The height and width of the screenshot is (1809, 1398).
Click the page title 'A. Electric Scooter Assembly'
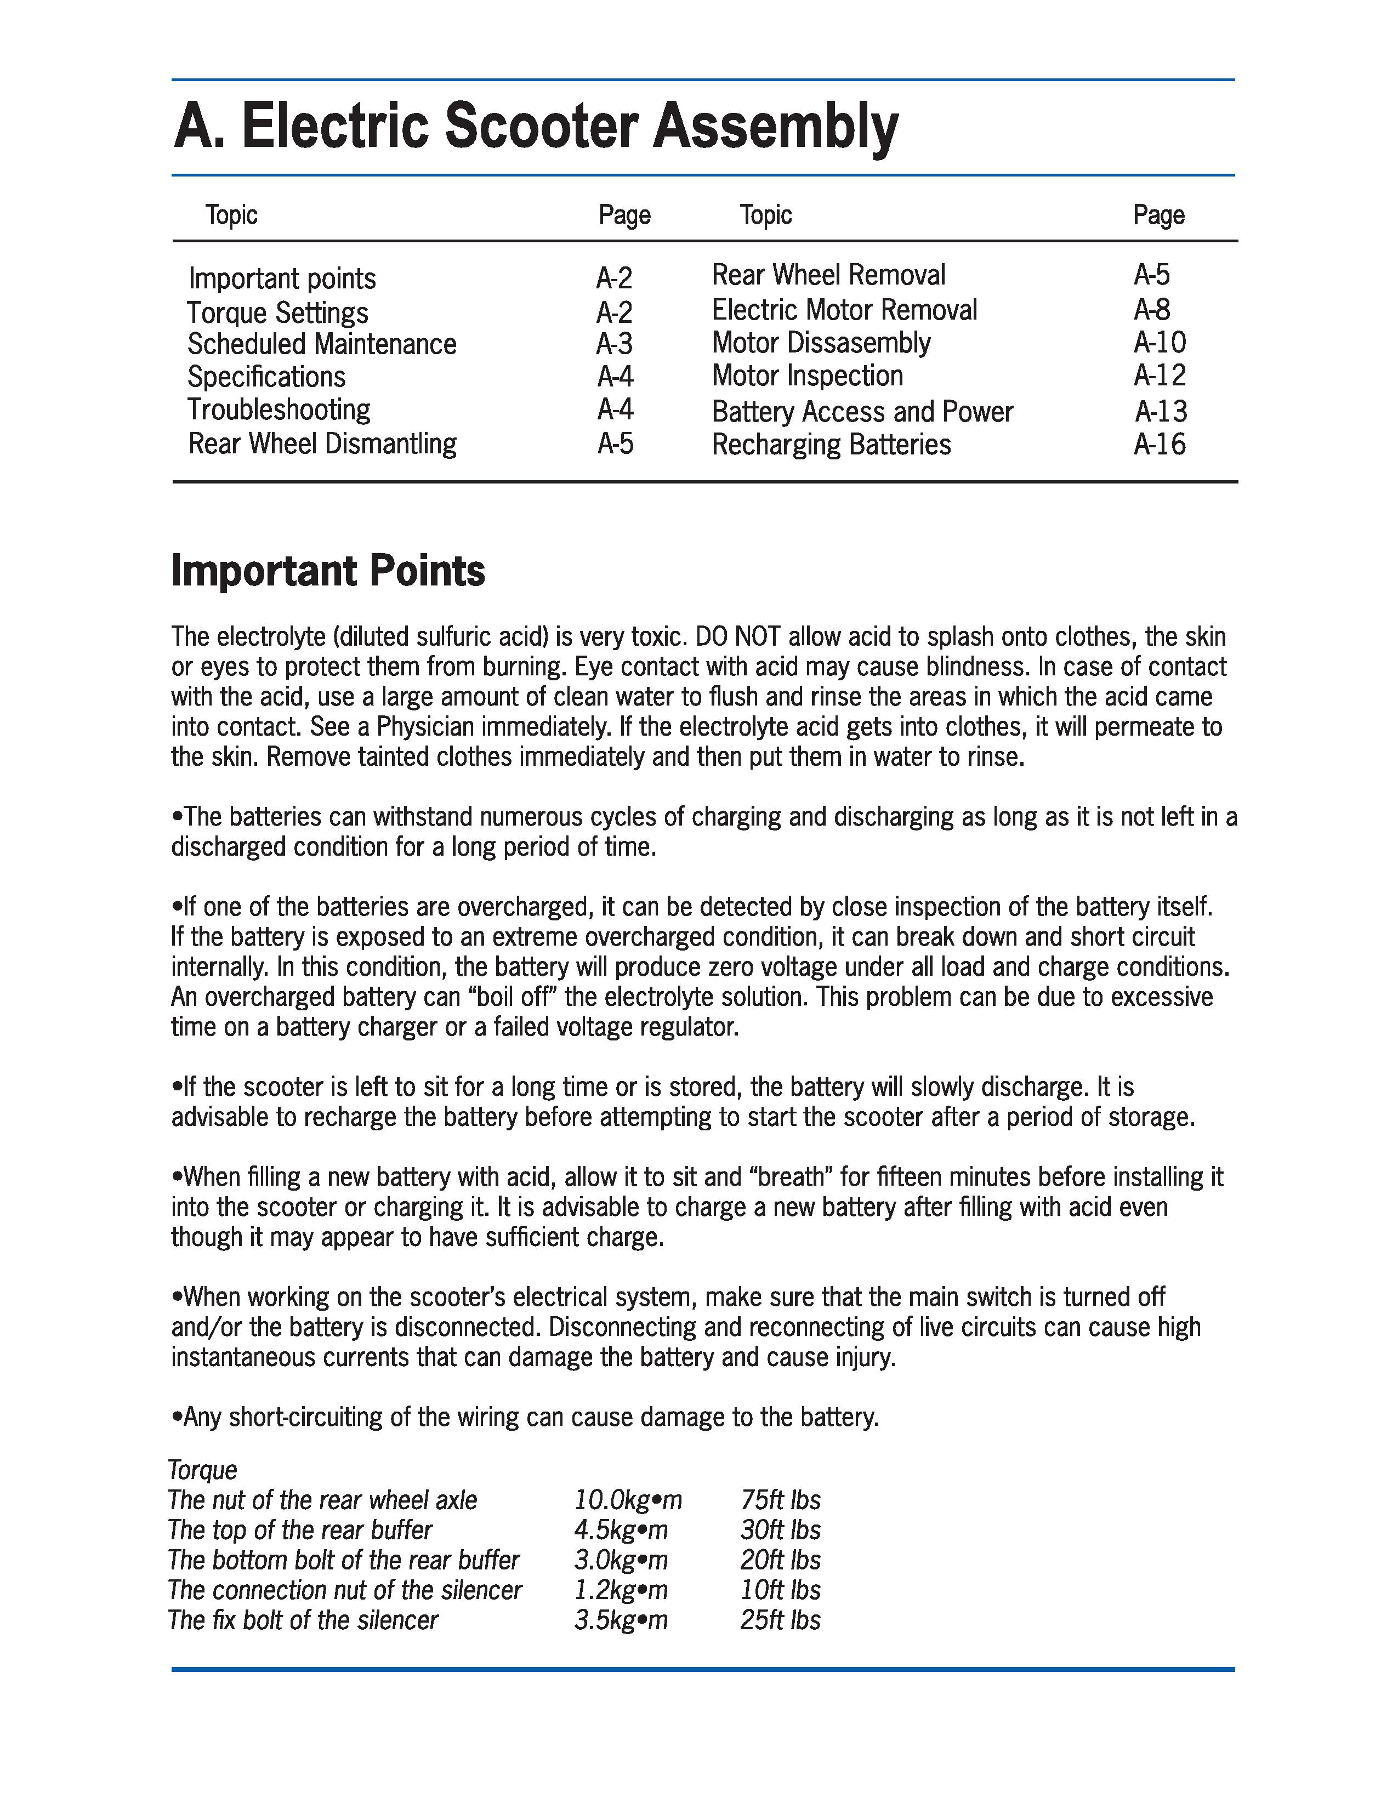pyautogui.click(x=535, y=126)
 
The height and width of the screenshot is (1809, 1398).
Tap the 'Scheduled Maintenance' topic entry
pyautogui.click(x=321, y=344)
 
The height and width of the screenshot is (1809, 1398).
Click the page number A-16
pyautogui.click(x=1160, y=445)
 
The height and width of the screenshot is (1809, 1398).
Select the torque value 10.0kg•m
pyautogui.click(x=628, y=1500)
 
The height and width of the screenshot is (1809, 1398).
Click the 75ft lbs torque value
pyautogui.click(x=780, y=1500)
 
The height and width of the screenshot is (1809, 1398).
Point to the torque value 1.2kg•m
pyautogui.click(x=620, y=1590)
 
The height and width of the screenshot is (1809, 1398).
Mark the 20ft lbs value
pyautogui.click(x=780, y=1560)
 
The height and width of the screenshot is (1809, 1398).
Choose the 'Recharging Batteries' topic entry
pyautogui.click(x=831, y=445)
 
